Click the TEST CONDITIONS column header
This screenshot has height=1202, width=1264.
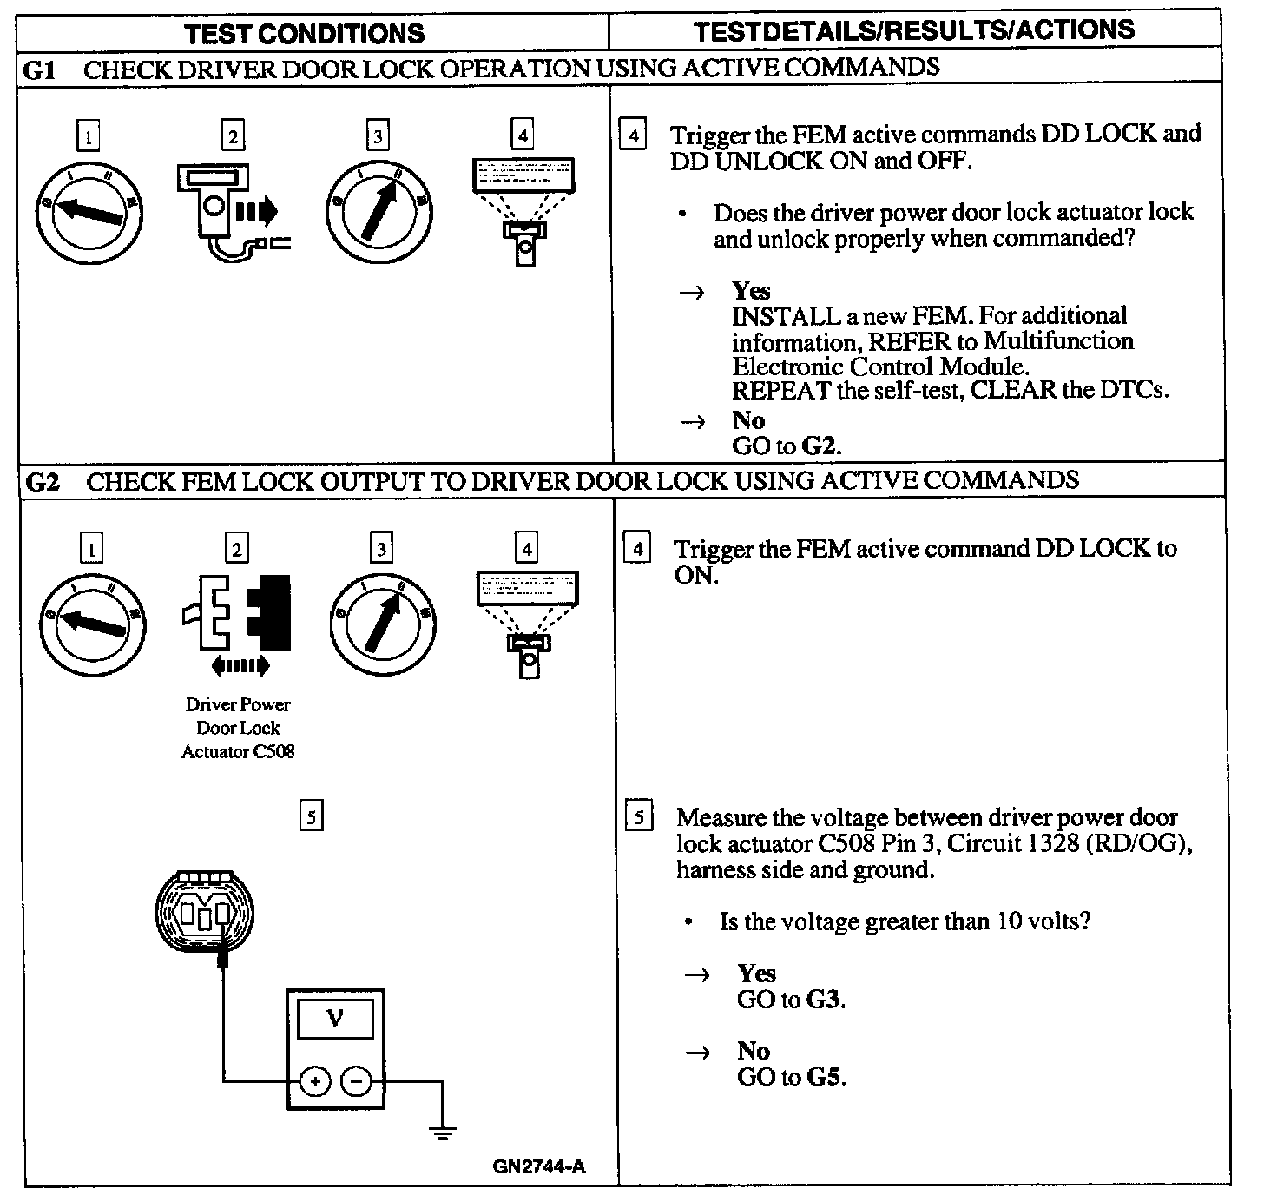(x=305, y=34)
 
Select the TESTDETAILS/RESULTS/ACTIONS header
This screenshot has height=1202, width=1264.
(x=914, y=30)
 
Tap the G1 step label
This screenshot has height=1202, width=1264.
(x=40, y=70)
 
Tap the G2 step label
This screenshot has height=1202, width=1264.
(x=43, y=482)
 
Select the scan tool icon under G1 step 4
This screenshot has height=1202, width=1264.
(x=523, y=208)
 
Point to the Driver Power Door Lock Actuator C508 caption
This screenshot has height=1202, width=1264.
(x=238, y=729)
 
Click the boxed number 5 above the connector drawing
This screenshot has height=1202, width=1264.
(x=310, y=816)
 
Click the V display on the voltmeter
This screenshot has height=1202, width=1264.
(x=335, y=1019)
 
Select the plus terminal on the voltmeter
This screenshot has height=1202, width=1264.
(x=315, y=1081)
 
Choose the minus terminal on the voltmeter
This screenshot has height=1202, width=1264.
(x=356, y=1081)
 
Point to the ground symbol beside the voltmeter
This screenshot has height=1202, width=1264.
(x=443, y=1130)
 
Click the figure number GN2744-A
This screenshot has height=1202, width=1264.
(x=539, y=1166)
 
